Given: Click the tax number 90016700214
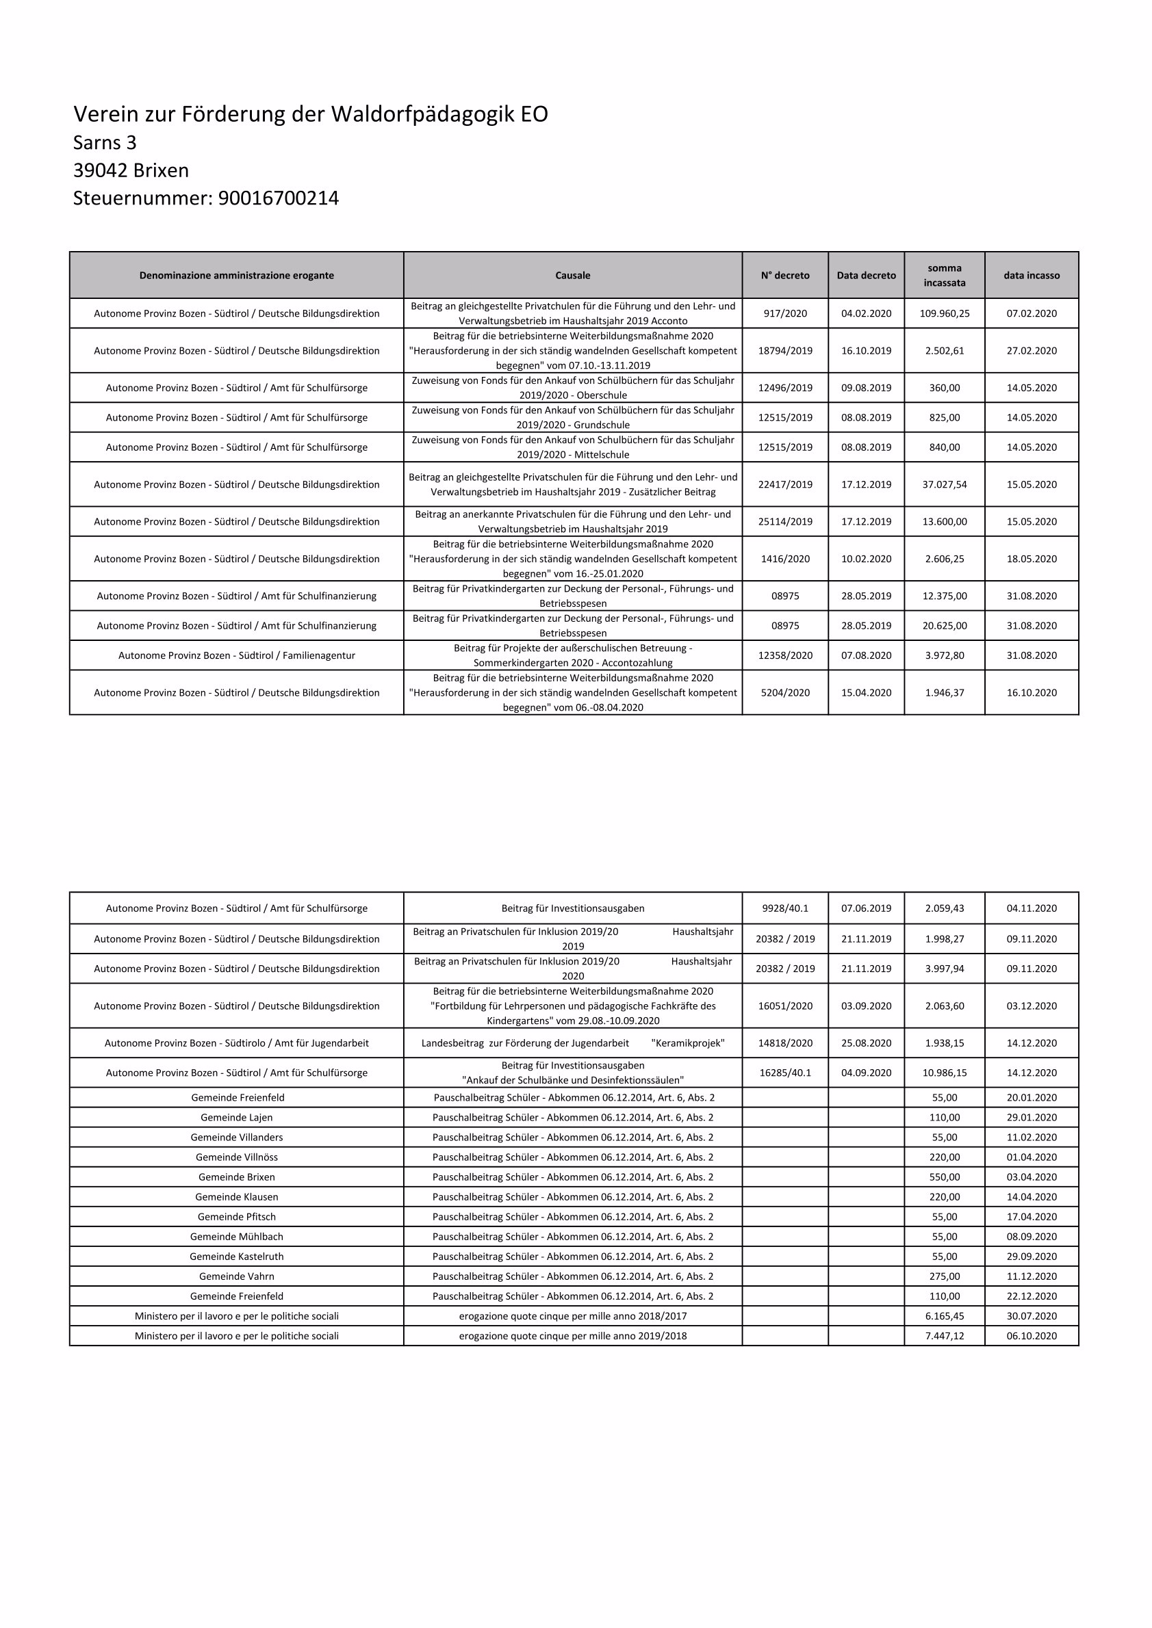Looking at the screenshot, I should (278, 198).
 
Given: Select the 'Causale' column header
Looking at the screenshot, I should (572, 276).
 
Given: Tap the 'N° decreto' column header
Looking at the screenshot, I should (784, 276).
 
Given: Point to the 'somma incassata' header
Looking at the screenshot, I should (944, 276).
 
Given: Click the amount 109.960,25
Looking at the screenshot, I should (944, 313).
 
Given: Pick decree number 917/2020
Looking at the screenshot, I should (784, 313).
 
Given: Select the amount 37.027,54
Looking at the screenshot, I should (944, 485).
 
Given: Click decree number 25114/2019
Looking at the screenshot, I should (784, 522).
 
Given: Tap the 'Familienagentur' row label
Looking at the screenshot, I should (236, 656).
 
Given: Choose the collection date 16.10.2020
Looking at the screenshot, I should (1032, 693).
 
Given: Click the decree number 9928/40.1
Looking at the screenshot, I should (784, 908).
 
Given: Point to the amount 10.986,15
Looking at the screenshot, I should (944, 1073).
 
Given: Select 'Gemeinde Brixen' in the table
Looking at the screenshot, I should (236, 1177).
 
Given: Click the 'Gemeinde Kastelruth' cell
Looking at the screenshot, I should (236, 1257).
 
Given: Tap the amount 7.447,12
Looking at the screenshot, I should (944, 1336).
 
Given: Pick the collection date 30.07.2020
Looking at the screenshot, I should (1032, 1316).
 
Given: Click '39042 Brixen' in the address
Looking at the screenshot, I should (131, 171).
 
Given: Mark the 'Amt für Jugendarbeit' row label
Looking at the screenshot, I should (236, 1043).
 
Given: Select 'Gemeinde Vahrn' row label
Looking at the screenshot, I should (236, 1276).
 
